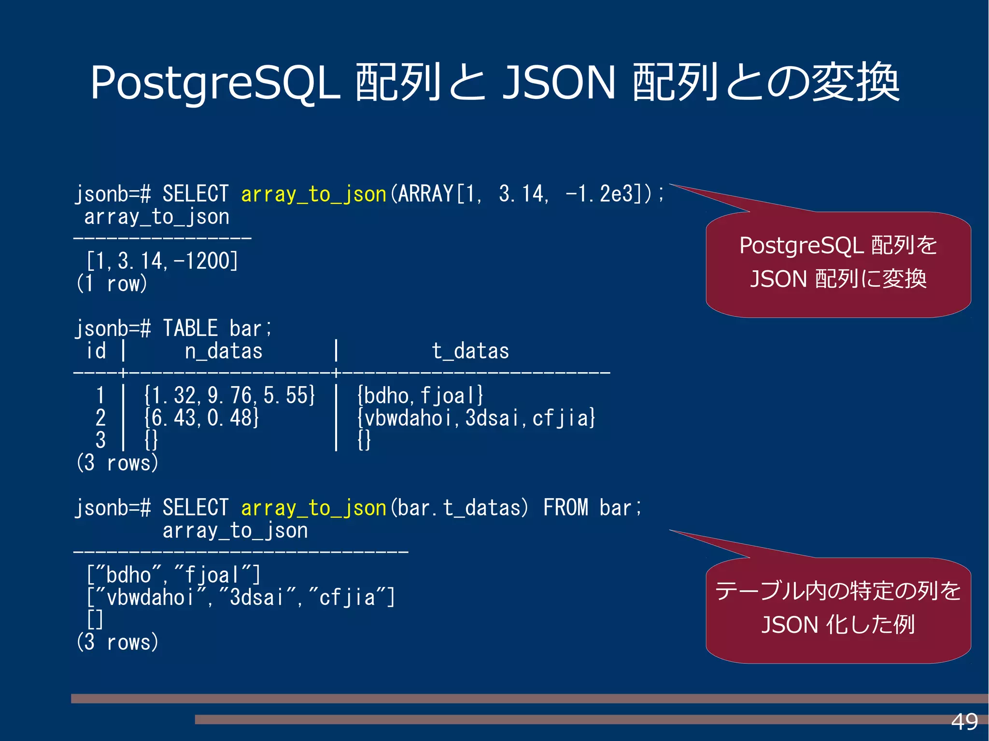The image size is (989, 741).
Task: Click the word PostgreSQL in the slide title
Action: tap(215, 83)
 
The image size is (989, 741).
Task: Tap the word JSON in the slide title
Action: tap(559, 83)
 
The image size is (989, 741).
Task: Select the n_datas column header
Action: tap(224, 351)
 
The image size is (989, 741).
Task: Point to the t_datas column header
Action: tap(470, 351)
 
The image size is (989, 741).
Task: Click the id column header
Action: tap(96, 351)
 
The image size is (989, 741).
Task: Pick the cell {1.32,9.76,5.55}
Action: tap(230, 395)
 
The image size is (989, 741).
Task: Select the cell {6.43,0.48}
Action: tap(201, 418)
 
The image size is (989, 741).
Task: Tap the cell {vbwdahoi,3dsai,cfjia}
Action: tap(476, 418)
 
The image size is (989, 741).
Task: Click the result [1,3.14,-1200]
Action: tap(162, 261)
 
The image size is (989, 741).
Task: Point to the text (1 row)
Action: tap(112, 283)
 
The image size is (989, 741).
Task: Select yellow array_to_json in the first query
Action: tap(313, 194)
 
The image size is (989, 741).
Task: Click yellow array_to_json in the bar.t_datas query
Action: tap(313, 508)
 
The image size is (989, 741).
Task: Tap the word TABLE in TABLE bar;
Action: tap(190, 328)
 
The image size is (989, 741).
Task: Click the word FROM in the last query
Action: tap(565, 508)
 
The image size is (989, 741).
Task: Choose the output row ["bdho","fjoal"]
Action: tap(173, 575)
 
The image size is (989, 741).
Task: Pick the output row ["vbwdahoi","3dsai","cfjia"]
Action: tap(240, 598)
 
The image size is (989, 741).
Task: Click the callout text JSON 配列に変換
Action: tap(838, 279)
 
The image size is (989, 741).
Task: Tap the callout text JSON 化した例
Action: tap(838, 625)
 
